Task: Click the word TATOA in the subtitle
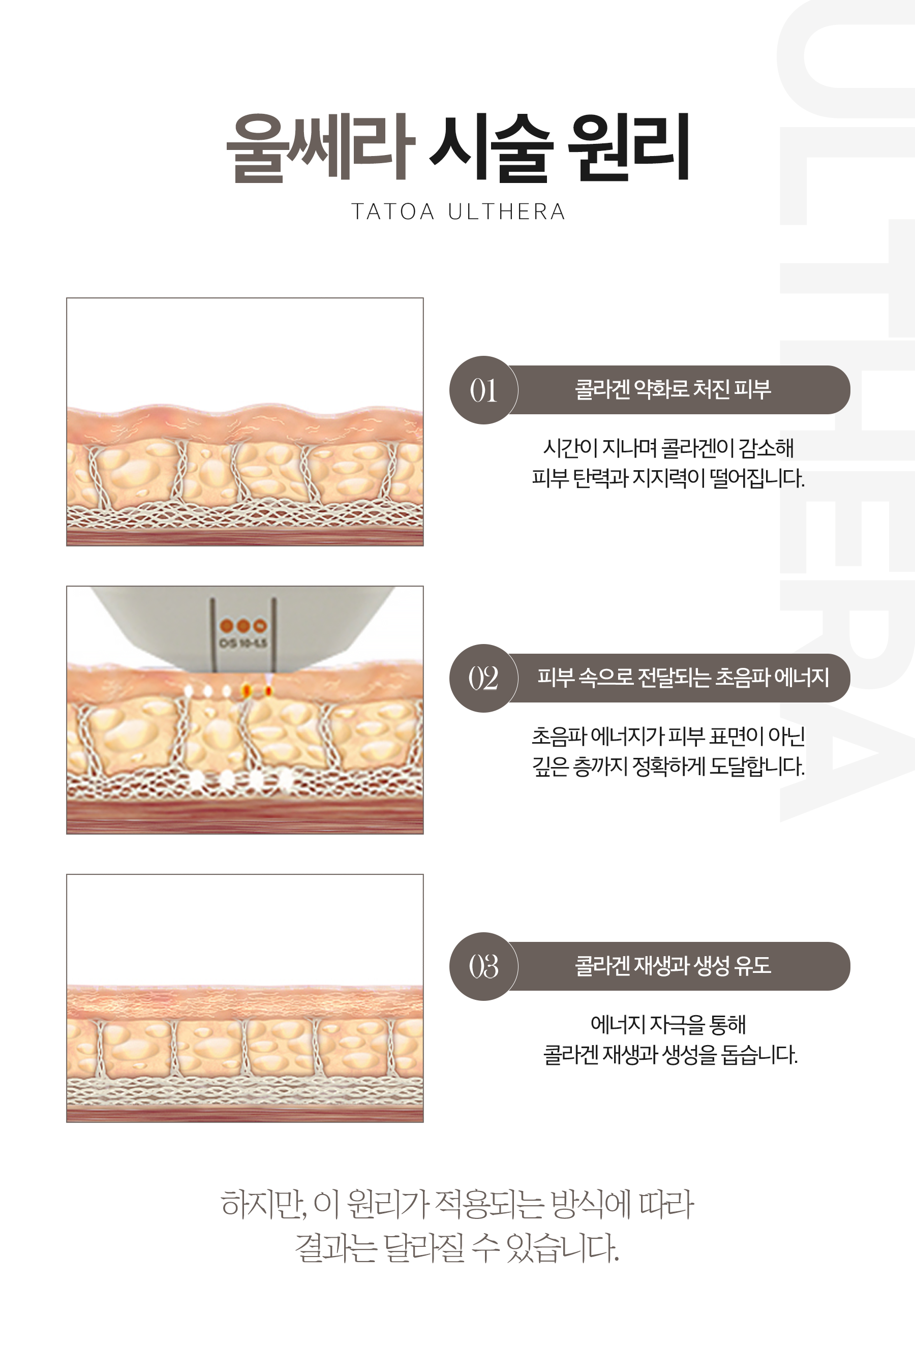point(393,212)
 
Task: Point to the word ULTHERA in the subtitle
point(507,212)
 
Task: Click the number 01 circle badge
point(483,390)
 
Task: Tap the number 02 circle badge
point(483,678)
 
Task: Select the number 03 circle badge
point(483,966)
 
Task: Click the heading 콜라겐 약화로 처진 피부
point(673,389)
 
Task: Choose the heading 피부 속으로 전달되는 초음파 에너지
point(683,677)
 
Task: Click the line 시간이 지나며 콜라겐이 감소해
point(668,448)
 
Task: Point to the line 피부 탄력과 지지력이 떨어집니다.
point(668,478)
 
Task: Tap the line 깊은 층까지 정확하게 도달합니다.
point(668,766)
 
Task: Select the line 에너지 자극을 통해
point(668,1024)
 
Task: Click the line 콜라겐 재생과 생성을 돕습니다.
point(670,1055)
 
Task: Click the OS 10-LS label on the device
point(243,643)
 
